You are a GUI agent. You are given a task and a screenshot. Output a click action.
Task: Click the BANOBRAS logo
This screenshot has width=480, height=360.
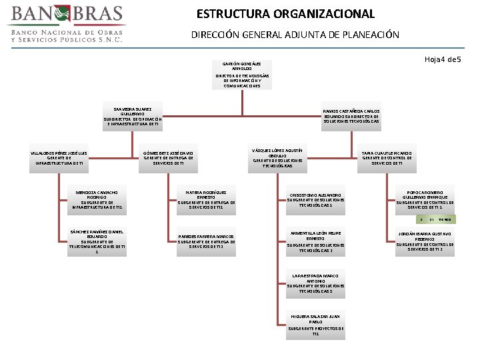(x=65, y=24)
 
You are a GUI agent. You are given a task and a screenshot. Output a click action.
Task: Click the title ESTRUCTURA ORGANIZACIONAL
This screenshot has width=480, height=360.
(x=285, y=14)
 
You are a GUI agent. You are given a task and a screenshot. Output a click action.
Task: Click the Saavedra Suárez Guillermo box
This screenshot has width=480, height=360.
(x=133, y=116)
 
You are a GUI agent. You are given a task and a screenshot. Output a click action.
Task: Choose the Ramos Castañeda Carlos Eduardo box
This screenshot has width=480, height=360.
(x=351, y=116)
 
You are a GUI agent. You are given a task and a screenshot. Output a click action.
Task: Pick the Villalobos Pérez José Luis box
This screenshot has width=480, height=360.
(x=60, y=157)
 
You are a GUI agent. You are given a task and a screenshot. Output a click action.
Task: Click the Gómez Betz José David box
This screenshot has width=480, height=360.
(x=169, y=157)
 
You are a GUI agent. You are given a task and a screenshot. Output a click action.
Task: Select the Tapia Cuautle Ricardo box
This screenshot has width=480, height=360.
(x=387, y=157)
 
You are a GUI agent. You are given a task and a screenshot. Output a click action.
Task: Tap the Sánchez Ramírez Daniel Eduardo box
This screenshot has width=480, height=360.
(x=97, y=241)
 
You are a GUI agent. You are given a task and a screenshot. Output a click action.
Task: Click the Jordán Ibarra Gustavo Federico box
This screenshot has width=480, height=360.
(x=425, y=241)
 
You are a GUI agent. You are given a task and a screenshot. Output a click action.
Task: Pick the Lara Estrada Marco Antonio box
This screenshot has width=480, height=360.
(x=316, y=283)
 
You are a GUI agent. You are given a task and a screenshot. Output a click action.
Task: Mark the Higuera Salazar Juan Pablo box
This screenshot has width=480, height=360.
(x=316, y=324)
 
